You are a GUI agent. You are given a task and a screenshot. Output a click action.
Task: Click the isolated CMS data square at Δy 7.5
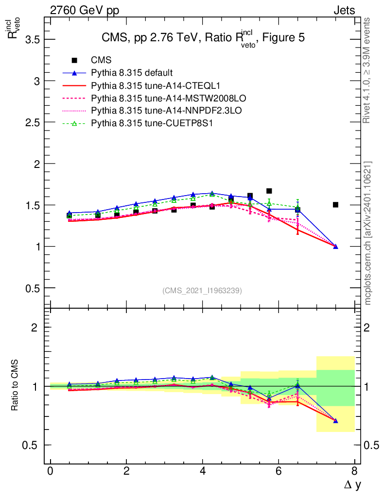tap(335, 205)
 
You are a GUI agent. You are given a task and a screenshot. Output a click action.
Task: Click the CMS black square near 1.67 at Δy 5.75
tap(269, 191)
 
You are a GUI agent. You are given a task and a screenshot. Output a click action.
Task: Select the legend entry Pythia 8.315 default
tap(132, 73)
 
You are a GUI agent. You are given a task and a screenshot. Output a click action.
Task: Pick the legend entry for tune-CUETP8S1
tap(152, 124)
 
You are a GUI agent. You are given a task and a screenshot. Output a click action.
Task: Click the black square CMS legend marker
tap(74, 61)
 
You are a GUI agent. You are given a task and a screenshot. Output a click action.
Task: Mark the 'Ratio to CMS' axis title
tap(15, 386)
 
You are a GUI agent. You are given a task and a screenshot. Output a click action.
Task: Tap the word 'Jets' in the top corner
tap(344, 10)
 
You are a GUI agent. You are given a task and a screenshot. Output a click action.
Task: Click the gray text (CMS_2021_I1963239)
tap(202, 291)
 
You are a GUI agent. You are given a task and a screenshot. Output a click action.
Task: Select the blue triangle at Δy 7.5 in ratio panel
tap(335, 421)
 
